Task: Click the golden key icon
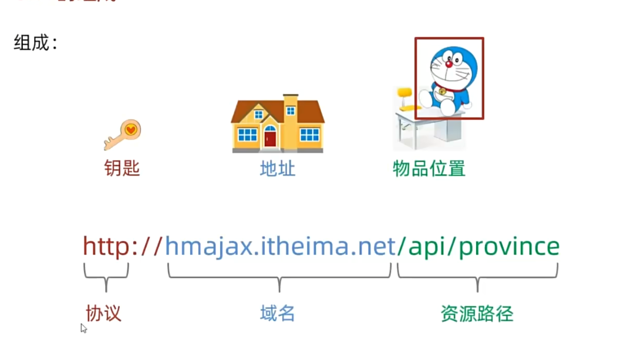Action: click(x=123, y=134)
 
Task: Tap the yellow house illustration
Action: click(x=277, y=124)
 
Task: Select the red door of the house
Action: click(x=270, y=138)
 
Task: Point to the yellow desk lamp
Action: click(x=404, y=99)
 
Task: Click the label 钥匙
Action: click(x=122, y=169)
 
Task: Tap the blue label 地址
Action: click(x=277, y=169)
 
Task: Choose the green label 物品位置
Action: click(x=429, y=169)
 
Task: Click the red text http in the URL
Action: click(x=106, y=247)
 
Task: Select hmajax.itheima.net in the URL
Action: click(x=280, y=247)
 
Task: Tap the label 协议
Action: click(x=103, y=313)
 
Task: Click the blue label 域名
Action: click(x=277, y=313)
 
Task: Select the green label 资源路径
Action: click(x=477, y=314)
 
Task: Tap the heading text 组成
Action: click(x=32, y=43)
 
